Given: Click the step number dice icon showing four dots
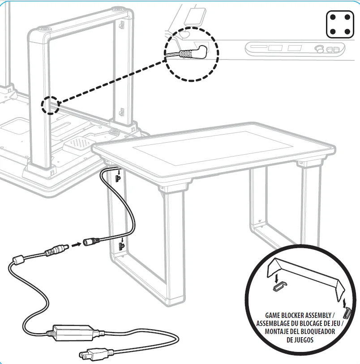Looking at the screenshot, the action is pyautogui.click(x=340, y=25).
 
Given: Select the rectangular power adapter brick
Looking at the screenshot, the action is pyautogui.click(x=74, y=333).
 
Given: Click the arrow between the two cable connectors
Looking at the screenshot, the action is pyautogui.click(x=76, y=245).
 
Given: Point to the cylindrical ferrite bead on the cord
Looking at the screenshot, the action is pyautogui.click(x=18, y=259).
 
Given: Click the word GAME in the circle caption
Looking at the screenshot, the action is pyautogui.click(x=273, y=316).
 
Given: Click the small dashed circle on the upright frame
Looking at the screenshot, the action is pyautogui.click(x=50, y=105).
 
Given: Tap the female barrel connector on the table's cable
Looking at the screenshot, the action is pyautogui.click(x=91, y=241).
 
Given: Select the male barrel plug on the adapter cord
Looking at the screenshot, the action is pyautogui.click(x=57, y=250).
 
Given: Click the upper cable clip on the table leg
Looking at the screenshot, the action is pyautogui.click(x=118, y=178).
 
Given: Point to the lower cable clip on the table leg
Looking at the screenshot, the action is pyautogui.click(x=122, y=246).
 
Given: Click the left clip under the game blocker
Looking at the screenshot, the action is pyautogui.click(x=279, y=286).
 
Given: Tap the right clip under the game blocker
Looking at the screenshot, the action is pyautogui.click(x=347, y=313).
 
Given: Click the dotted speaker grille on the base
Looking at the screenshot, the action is pyautogui.click(x=79, y=143).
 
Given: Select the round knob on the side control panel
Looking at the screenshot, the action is pyautogui.click(x=319, y=49).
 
